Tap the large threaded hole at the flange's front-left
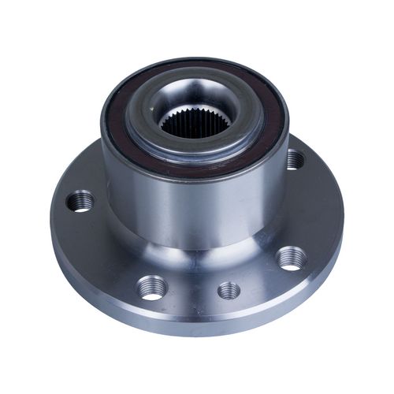click(x=151, y=286)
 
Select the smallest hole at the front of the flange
click(x=229, y=290)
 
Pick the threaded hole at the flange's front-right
click(x=291, y=258)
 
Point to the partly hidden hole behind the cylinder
click(x=295, y=160)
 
